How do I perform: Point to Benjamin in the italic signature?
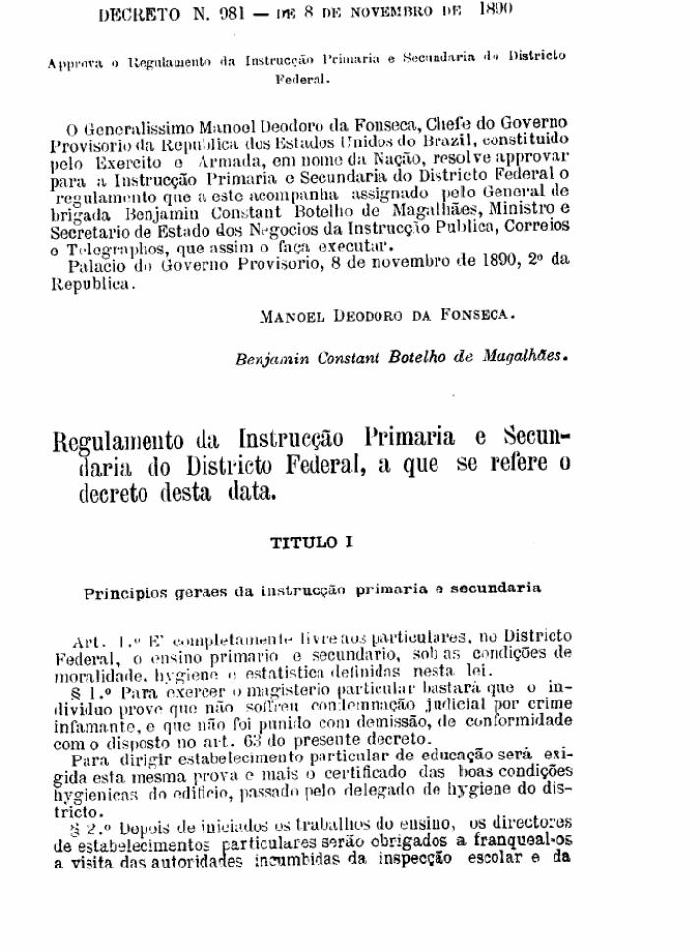coord(270,360)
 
